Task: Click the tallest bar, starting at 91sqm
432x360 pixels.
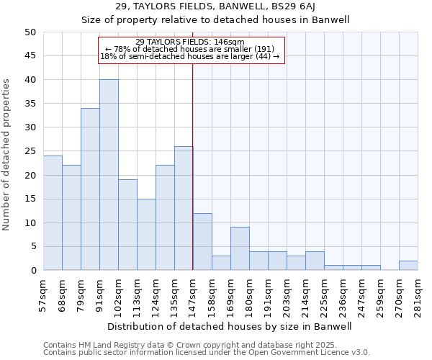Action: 109,175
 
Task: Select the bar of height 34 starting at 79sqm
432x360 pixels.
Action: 90,189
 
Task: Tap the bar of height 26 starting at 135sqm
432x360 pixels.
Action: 184,208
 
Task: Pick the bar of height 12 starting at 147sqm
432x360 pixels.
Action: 202,242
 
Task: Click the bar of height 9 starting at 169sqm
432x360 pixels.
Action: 240,249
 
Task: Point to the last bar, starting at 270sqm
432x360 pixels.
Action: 408,266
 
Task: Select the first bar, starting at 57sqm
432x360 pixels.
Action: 53,213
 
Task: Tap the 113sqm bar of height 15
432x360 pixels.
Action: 146,235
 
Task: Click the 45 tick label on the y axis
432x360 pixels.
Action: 30,56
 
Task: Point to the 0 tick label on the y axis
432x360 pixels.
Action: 33,271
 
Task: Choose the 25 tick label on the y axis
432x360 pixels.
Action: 30,151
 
